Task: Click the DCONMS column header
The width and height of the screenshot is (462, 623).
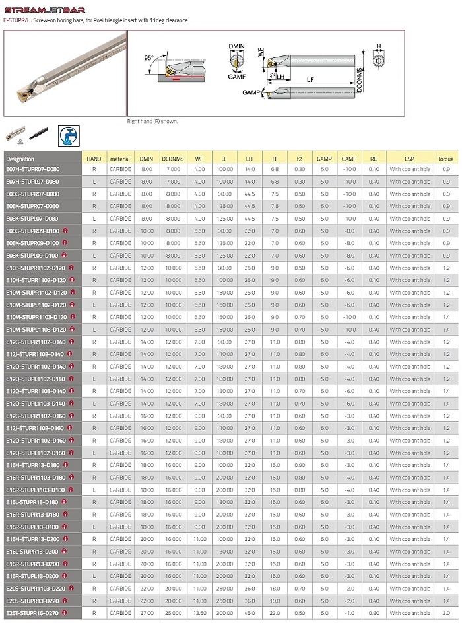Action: point(173,159)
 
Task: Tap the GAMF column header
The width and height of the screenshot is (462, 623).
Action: point(349,159)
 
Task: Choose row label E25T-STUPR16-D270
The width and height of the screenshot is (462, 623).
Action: point(33,613)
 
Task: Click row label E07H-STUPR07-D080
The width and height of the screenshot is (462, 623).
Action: point(33,169)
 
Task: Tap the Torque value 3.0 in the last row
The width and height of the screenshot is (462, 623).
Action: point(446,613)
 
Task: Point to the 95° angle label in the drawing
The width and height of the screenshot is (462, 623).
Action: point(148,58)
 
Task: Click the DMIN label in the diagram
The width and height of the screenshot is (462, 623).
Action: point(236,47)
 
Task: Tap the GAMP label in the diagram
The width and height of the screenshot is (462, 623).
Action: point(251,92)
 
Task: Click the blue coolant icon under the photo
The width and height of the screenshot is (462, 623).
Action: point(67,134)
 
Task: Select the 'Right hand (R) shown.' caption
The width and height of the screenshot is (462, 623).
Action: point(152,121)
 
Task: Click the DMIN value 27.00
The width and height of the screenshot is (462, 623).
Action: point(146,613)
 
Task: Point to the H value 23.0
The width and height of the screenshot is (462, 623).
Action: point(274,613)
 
